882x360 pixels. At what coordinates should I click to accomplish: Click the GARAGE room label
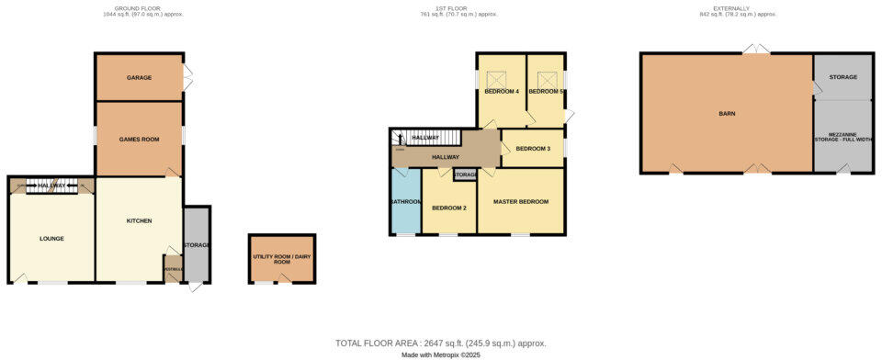pos(140,77)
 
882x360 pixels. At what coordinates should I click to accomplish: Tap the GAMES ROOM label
pos(140,140)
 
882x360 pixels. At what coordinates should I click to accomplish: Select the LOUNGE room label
pos(51,239)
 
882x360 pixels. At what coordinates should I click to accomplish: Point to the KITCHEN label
pos(139,221)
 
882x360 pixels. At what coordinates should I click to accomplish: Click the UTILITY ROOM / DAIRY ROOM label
pos(282,259)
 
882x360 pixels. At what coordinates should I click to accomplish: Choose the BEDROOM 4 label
pos(502,92)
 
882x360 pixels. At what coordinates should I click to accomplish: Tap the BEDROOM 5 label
pos(545,92)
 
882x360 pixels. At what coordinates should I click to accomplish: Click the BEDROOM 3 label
pos(533,149)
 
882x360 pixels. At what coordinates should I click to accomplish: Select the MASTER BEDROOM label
pos(521,201)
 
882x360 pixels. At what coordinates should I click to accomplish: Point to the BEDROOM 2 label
pos(449,208)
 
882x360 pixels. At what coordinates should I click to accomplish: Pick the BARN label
pos(727,114)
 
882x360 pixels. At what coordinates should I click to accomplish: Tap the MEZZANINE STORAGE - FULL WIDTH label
pos(842,138)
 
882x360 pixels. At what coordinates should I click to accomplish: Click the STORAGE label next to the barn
pos(842,77)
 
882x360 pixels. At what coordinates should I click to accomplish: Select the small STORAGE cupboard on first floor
pos(465,174)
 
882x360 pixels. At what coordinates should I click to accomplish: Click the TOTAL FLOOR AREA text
pos(440,343)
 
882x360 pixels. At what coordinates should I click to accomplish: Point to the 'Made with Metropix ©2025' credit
pos(440,354)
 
